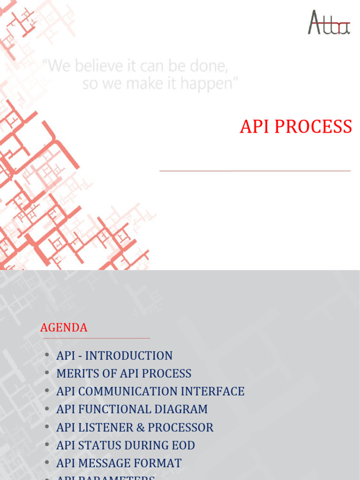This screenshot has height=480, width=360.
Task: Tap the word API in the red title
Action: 254,127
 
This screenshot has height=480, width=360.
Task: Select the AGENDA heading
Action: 64,328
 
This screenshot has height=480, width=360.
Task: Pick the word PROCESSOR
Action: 180,427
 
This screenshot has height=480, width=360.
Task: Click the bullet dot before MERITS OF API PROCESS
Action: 47,373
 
